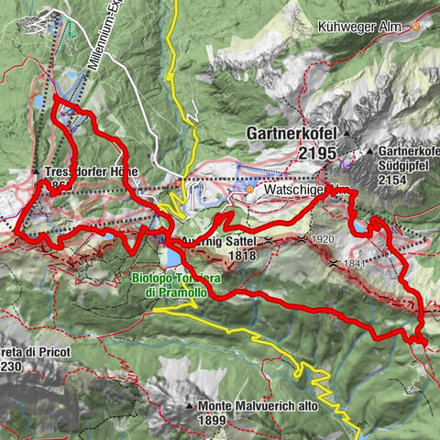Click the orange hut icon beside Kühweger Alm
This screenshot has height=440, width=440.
coord(415,27)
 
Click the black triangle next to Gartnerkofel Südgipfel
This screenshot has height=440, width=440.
coord(370,150)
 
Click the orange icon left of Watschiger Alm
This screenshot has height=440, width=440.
coord(249,190)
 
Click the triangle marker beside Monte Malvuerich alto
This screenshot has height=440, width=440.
coord(190,405)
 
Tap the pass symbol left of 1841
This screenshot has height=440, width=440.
coord(333,264)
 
